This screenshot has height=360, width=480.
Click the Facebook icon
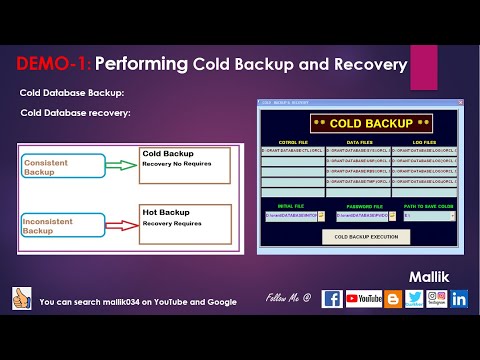click(x=332, y=298)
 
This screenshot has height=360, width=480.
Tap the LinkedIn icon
click(x=459, y=298)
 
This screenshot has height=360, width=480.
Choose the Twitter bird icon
click(x=415, y=298)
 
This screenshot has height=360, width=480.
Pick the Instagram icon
click(x=437, y=298)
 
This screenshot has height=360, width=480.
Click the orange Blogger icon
click(x=393, y=298)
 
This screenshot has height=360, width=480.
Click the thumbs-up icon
click(x=22, y=298)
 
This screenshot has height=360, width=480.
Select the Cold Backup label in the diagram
click(x=167, y=154)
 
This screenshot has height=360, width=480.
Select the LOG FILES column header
click(x=426, y=143)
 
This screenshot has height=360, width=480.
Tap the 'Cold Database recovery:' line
click(x=75, y=112)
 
